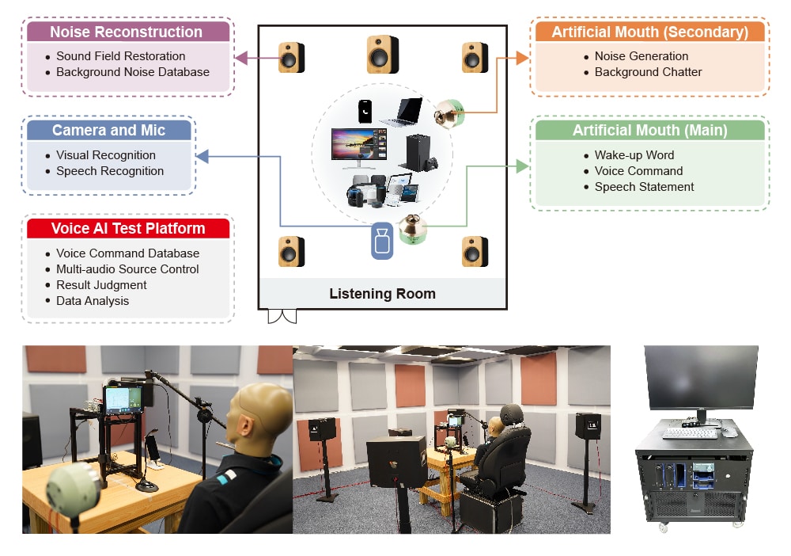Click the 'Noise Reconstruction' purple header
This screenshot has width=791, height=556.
(x=127, y=32)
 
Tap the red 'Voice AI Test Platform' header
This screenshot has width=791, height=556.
(x=128, y=229)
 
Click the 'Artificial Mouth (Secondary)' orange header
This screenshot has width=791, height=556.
(x=649, y=32)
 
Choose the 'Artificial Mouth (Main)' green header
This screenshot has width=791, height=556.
(x=649, y=131)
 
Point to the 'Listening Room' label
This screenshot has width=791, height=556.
(x=382, y=294)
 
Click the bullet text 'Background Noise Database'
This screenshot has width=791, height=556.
(x=132, y=72)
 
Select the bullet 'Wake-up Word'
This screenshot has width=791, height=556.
(x=634, y=155)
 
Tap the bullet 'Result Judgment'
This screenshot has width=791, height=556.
(x=101, y=285)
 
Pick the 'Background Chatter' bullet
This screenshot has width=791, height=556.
(x=648, y=72)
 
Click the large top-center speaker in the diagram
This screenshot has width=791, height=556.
(x=383, y=55)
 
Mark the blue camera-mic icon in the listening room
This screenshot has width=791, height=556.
(x=382, y=241)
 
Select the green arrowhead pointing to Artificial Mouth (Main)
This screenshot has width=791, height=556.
(x=522, y=166)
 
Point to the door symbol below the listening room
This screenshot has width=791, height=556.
(x=282, y=317)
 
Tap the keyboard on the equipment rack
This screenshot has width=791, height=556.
(x=690, y=433)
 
